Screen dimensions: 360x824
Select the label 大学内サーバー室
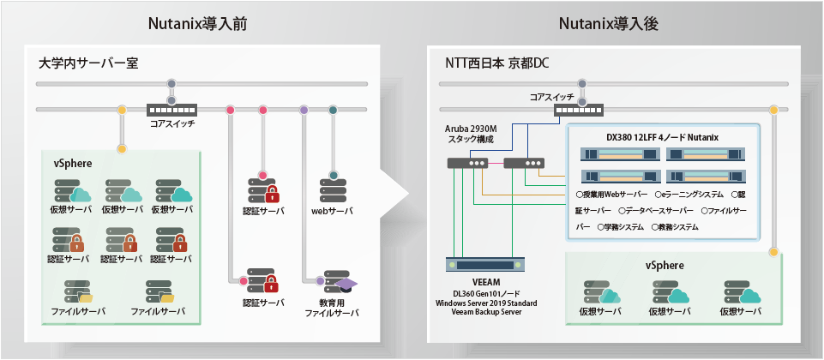click(x=88, y=63)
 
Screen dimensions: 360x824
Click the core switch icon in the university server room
click(x=171, y=111)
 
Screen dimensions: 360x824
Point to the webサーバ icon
click(x=332, y=189)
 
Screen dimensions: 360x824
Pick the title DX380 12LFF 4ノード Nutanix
click(x=662, y=137)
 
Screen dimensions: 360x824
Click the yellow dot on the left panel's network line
click(x=122, y=110)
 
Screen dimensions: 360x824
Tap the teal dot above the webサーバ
click(x=332, y=110)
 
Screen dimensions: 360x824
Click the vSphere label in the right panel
click(x=665, y=266)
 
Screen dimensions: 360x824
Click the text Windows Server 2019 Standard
click(x=486, y=303)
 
